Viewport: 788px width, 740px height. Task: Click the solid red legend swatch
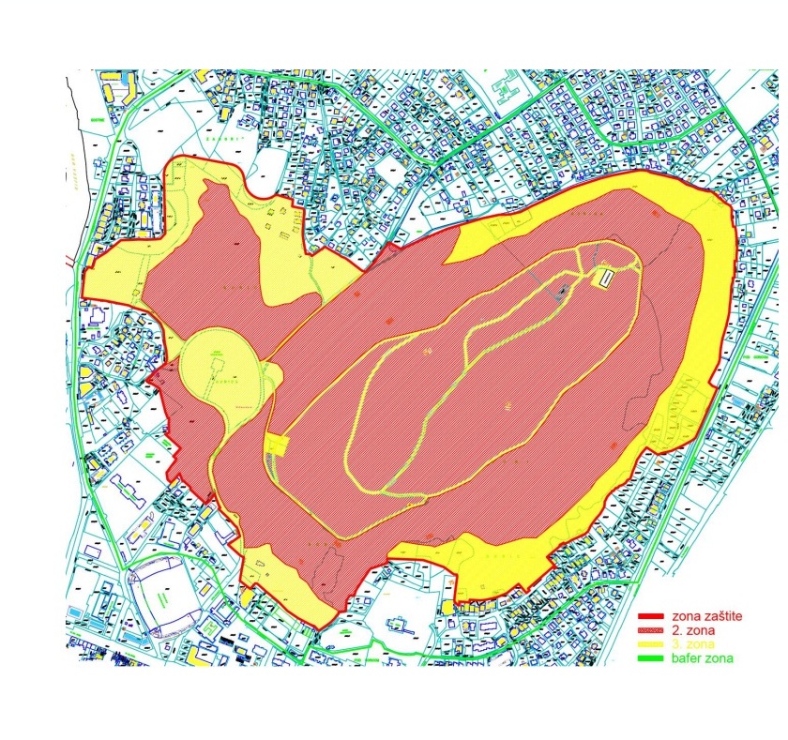click(651, 617)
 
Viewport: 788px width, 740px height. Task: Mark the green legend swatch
click(651, 659)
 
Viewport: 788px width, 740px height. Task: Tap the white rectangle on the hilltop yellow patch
click(606, 277)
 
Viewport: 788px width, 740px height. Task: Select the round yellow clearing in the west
click(216, 361)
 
